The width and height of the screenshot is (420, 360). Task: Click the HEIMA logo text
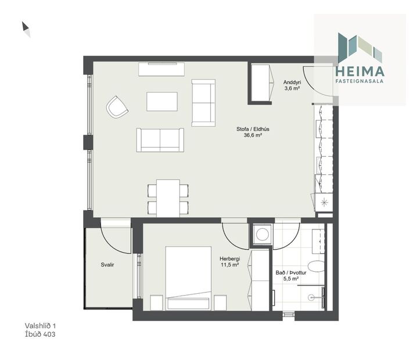click(x=360, y=71)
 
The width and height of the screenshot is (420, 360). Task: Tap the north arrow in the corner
click(x=26, y=29)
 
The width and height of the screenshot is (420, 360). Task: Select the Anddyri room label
click(x=292, y=82)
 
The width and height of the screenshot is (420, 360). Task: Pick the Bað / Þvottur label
click(x=287, y=272)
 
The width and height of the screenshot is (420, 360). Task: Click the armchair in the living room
click(x=117, y=107)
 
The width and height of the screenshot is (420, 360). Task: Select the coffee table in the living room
click(x=161, y=101)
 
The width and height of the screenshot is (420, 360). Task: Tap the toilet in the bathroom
click(x=317, y=267)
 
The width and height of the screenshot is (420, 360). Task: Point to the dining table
click(x=168, y=197)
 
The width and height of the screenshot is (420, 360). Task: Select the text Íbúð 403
click(x=40, y=334)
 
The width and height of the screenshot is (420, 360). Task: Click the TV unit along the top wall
click(x=161, y=69)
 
